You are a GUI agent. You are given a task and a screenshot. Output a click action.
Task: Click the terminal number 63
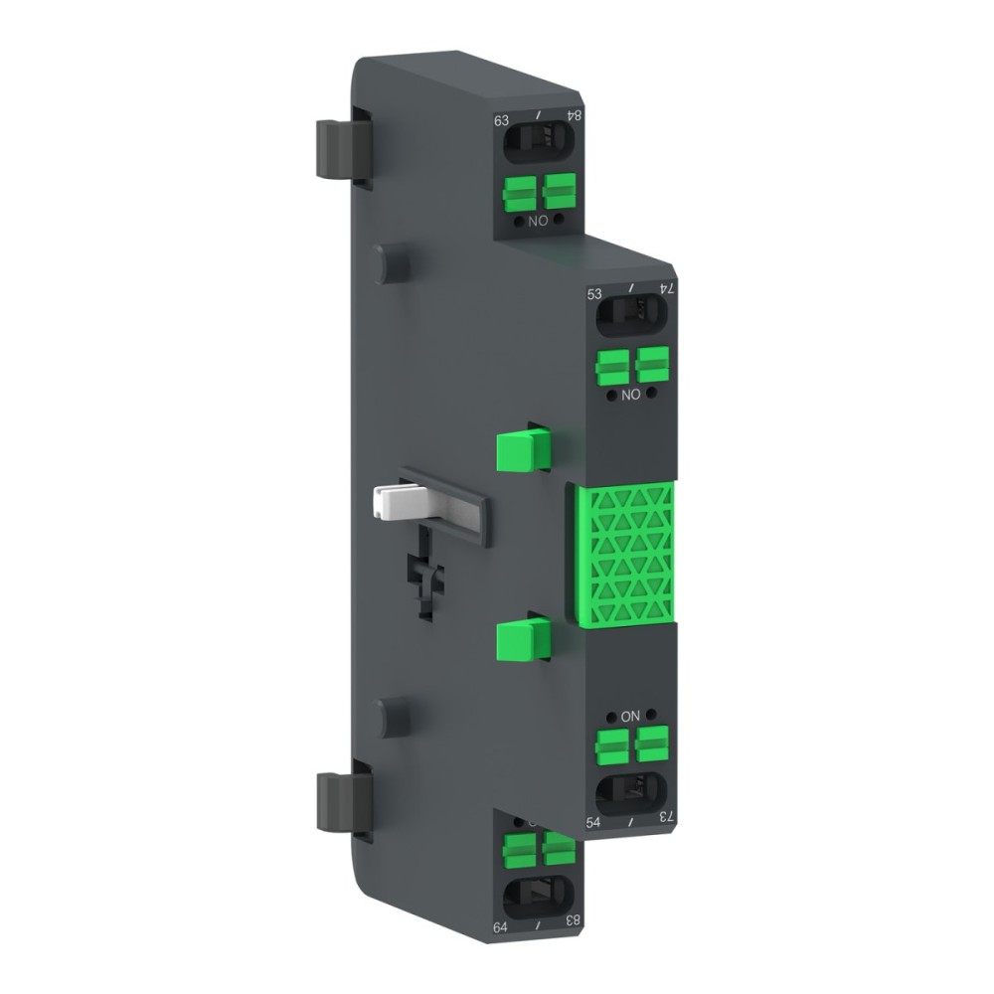[502, 121]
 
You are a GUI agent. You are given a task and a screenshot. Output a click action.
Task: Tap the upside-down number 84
[574, 115]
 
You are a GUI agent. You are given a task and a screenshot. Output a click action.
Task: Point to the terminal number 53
[595, 294]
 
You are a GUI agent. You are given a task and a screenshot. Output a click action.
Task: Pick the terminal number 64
[501, 927]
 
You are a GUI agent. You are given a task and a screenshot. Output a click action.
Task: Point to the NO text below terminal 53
[629, 395]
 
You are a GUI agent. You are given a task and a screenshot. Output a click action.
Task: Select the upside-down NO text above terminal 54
[629, 716]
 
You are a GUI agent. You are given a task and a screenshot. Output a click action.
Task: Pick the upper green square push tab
[523, 448]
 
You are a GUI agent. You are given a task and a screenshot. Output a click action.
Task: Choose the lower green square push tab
[523, 637]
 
